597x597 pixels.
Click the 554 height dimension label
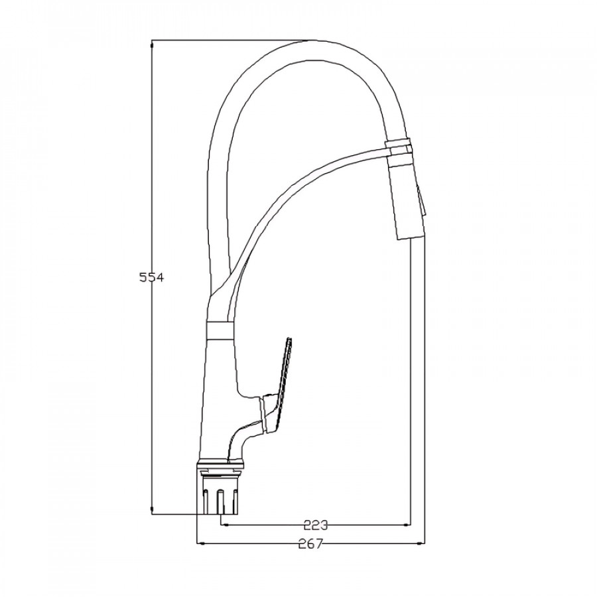click(151, 277)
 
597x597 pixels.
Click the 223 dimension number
click(316, 525)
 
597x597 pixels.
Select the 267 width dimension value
click(310, 544)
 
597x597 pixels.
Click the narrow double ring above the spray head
click(398, 147)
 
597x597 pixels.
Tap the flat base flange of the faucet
click(220, 464)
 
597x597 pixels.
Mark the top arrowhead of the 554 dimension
click(153, 44)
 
